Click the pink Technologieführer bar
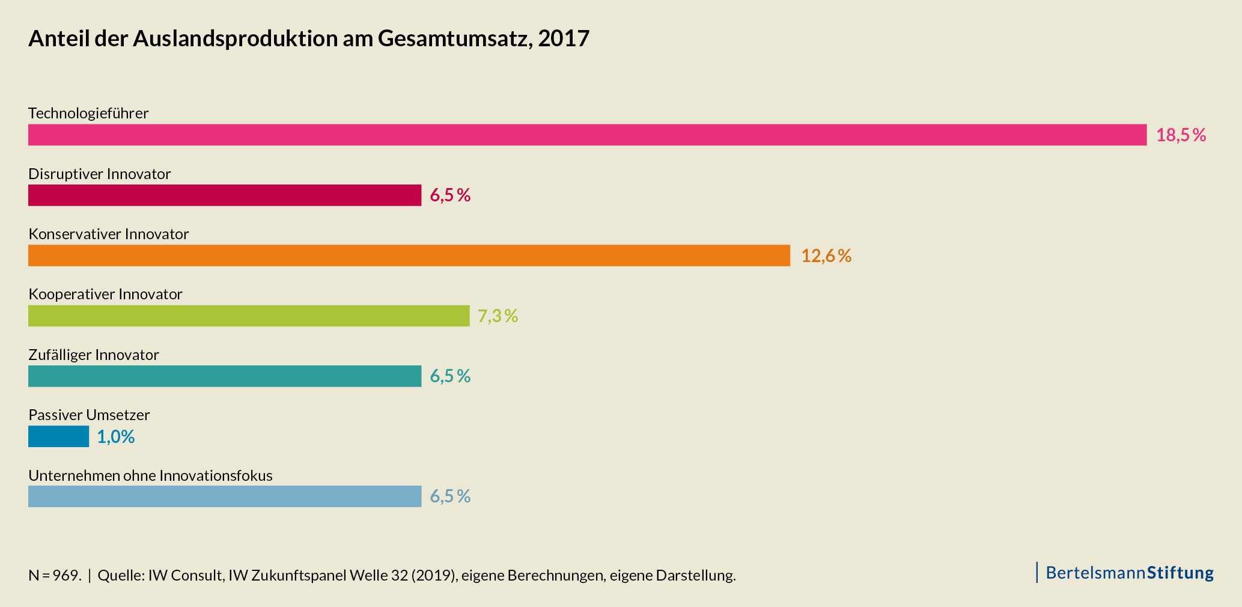click(x=587, y=135)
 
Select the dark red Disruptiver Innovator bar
click(x=225, y=195)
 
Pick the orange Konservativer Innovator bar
click(x=409, y=255)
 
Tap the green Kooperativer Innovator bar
click(x=249, y=316)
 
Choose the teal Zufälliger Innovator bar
click(x=225, y=376)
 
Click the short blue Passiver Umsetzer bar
click(x=58, y=436)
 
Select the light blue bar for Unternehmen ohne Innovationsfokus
click(x=225, y=496)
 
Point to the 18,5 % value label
click(x=1181, y=135)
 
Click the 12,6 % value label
click(x=826, y=256)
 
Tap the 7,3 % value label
click(x=498, y=316)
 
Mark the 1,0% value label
click(x=115, y=437)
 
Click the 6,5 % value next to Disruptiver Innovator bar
click(x=450, y=195)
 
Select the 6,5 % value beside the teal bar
click(x=450, y=376)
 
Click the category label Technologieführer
click(x=88, y=113)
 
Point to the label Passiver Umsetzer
click(x=89, y=415)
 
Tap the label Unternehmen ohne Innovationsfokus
click(x=150, y=475)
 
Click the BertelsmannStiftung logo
click(x=1129, y=573)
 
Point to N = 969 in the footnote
click(x=54, y=575)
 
